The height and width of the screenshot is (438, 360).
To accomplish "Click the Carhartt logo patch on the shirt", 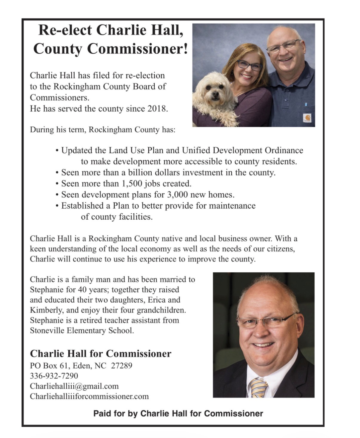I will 307,118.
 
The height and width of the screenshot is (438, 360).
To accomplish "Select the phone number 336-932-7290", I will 54,376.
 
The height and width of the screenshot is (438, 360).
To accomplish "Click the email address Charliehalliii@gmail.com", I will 74,386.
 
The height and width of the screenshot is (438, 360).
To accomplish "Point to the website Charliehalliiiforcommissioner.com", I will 89,396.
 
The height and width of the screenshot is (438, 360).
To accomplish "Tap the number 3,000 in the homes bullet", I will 177,195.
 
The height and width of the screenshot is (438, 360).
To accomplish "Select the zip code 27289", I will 121,365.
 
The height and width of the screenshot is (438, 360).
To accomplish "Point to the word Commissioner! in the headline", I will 138,49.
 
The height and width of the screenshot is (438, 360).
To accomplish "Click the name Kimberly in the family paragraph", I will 46,310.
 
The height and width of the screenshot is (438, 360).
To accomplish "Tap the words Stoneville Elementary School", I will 82,330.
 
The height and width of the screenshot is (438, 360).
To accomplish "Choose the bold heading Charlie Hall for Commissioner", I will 101,354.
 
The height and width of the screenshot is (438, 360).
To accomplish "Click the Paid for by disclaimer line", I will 178,414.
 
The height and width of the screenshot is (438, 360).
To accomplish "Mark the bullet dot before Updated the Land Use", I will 57,151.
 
